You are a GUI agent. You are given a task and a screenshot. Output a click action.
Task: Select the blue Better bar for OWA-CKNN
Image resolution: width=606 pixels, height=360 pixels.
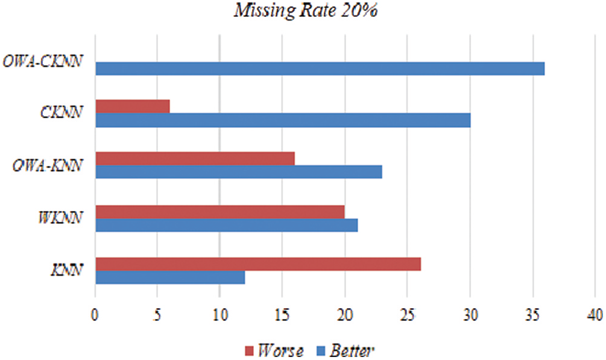coord(320,68)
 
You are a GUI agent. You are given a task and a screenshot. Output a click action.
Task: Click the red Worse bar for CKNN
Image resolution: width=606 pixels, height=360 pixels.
coord(132,106)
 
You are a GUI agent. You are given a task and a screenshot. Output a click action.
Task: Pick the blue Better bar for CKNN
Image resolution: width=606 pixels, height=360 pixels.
coord(282,120)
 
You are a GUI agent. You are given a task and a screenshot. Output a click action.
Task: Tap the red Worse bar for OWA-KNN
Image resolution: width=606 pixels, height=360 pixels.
coord(195,158)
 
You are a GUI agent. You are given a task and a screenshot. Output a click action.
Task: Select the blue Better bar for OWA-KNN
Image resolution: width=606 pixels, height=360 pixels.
coord(238,172)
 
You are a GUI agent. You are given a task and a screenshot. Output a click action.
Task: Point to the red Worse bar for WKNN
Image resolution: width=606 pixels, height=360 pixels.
coord(219,212)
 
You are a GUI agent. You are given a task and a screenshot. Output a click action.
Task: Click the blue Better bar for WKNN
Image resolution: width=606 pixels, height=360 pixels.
coord(226,225)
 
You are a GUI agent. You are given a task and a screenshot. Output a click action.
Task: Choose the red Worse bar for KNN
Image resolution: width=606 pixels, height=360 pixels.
coord(257,264)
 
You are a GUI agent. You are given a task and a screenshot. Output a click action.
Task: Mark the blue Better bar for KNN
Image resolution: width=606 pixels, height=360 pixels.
coord(170,277)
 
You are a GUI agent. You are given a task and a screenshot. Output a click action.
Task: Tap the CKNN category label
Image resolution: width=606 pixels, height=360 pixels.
coord(63,113)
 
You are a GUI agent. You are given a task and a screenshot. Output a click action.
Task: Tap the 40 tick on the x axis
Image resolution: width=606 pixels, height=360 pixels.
coord(595,315)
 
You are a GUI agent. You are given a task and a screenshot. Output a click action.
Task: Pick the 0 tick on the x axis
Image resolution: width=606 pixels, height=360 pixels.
coord(95,315)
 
